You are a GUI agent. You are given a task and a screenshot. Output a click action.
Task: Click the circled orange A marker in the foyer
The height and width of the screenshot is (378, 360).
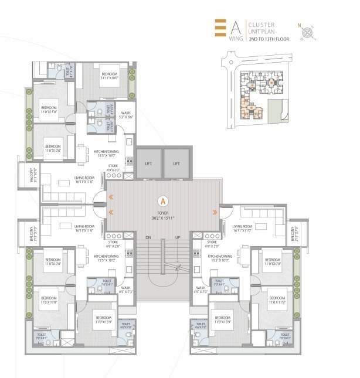click(162, 199)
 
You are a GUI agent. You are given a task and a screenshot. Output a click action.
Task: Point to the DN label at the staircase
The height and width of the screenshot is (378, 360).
click(148, 237)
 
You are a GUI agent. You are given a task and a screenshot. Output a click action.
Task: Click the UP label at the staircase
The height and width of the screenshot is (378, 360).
click(177, 237)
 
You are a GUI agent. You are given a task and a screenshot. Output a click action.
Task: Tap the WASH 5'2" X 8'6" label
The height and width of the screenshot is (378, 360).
click(125, 115)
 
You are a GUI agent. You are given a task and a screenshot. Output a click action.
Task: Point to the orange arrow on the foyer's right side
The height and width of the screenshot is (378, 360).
click(215, 210)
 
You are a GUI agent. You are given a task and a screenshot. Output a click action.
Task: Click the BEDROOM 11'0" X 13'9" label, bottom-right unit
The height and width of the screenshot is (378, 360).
click(225, 320)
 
